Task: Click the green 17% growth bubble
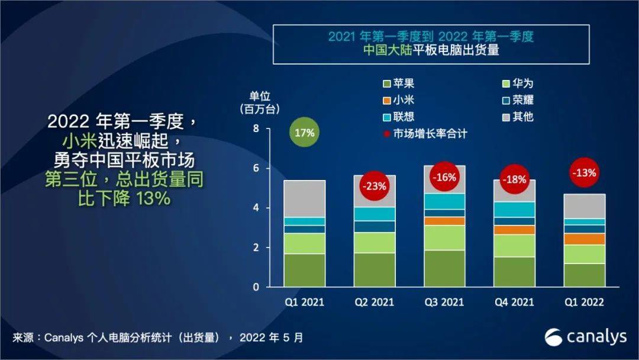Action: pyautogui.click(x=304, y=133)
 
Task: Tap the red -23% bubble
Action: pyautogui.click(x=375, y=186)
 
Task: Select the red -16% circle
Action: pyautogui.click(x=444, y=176)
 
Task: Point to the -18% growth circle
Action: pyautogui.click(x=514, y=179)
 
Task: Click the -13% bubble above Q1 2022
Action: pyautogui.click(x=583, y=173)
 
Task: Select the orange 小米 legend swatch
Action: pyautogui.click(x=388, y=100)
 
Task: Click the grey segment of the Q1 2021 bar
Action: pyautogui.click(x=304, y=198)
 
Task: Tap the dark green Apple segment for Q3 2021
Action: pyautogui.click(x=444, y=268)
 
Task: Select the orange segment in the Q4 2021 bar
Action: pyautogui.click(x=514, y=230)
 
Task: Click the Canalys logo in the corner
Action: pyautogui.click(x=585, y=337)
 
